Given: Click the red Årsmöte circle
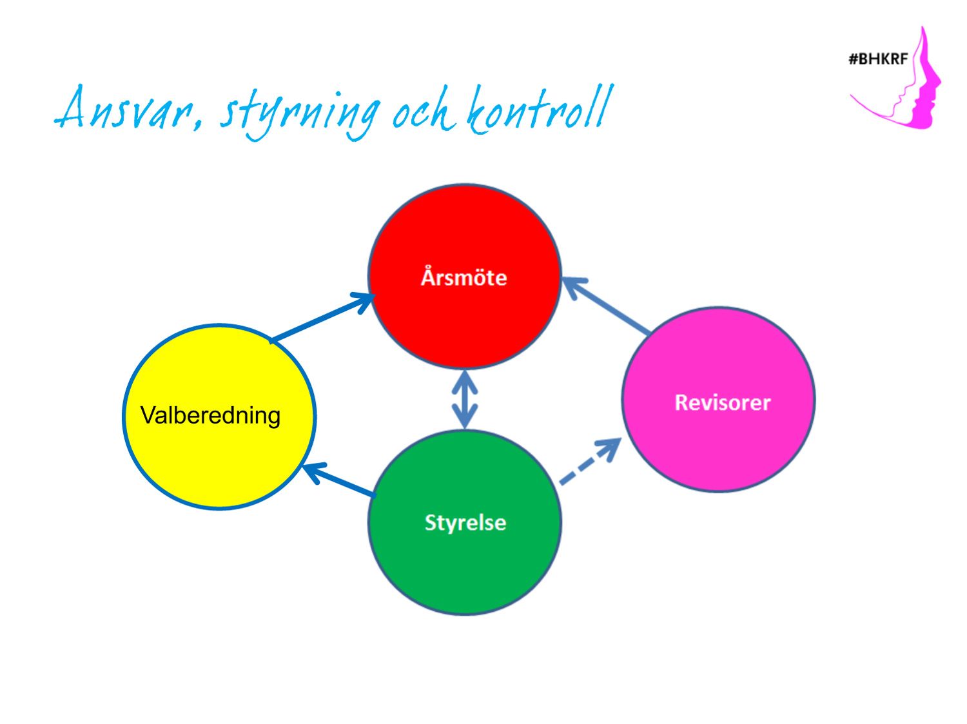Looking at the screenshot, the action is tap(464, 276).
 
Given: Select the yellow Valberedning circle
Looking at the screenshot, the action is tap(219, 416).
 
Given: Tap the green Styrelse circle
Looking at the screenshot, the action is tap(465, 522).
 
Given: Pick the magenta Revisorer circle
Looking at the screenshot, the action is tap(719, 399).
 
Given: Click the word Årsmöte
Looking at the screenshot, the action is tap(464, 277).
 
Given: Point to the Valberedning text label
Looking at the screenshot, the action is tap(211, 415).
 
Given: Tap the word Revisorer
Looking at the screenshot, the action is tap(723, 402).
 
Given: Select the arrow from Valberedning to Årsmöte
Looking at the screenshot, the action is tap(322, 318).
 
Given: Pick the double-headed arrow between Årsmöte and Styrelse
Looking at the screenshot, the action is tap(465, 399).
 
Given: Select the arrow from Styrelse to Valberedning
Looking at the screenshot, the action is tap(339, 480).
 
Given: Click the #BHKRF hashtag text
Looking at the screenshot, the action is tap(878, 59).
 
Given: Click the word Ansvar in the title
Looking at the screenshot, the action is tap(129, 108).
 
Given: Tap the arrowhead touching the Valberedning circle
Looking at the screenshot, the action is tap(314, 473).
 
